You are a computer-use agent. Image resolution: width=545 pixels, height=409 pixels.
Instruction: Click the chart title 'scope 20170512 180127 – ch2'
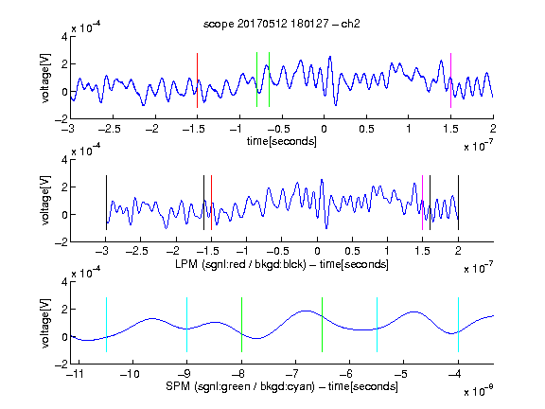coord(282,24)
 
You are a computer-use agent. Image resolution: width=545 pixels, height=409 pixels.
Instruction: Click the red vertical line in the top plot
coord(197,80)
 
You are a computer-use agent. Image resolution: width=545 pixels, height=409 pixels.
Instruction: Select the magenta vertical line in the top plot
coord(450,80)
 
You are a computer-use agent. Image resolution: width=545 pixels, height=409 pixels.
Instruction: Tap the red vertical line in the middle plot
coord(211,203)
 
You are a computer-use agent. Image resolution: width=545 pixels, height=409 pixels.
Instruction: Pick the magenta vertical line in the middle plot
coord(422,203)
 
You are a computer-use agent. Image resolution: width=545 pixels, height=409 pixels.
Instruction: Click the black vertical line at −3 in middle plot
coord(106,203)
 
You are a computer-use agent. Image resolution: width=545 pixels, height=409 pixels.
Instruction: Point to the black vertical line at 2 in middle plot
coord(458,203)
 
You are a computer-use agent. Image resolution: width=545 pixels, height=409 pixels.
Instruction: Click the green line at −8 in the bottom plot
coord(241,325)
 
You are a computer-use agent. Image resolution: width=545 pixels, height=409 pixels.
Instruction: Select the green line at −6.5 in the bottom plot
coord(323,325)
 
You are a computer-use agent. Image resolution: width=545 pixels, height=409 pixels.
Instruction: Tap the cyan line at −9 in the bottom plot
coord(186,325)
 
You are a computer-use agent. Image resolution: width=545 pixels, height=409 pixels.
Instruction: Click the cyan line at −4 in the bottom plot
coord(458,325)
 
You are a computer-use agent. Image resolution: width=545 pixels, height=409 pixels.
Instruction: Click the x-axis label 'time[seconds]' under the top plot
coord(282,141)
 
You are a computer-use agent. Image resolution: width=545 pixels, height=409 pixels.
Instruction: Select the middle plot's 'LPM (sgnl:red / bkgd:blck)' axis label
coord(240,264)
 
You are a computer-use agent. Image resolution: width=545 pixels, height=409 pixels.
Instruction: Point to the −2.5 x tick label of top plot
coord(109,129)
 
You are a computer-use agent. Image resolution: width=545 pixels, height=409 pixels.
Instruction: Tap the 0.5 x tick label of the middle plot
coord(352,251)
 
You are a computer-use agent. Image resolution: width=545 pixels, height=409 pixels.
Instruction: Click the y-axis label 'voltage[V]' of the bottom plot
coord(45,323)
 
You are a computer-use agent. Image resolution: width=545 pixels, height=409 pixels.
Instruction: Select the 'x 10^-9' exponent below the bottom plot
coord(479,391)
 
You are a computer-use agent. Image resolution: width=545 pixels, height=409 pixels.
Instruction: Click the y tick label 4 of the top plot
coord(64,37)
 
